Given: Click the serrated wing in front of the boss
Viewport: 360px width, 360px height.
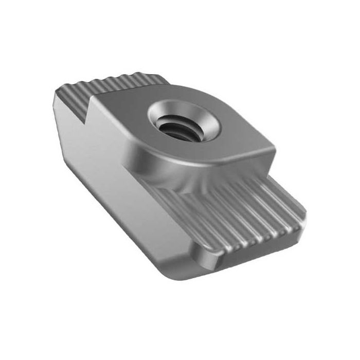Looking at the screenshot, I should (242, 211).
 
